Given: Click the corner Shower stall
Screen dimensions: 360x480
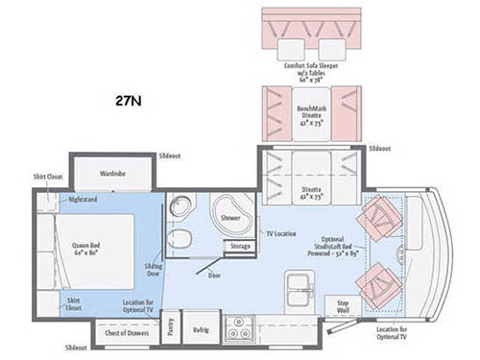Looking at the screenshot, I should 228,216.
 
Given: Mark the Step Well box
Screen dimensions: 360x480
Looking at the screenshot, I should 343,306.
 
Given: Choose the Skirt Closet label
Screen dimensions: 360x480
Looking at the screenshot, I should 73,305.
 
